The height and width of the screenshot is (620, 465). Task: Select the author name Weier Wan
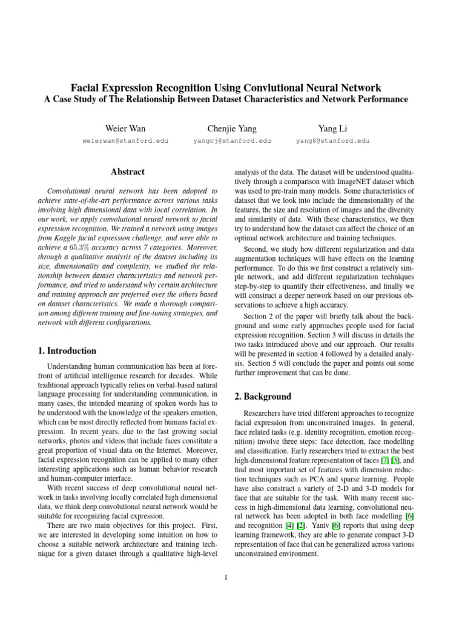click(125, 128)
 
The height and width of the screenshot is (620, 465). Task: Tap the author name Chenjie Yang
click(232, 128)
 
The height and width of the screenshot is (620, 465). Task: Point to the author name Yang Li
click(332, 128)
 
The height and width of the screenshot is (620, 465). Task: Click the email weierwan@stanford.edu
click(125, 141)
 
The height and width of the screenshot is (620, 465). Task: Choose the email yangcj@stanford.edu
click(232, 141)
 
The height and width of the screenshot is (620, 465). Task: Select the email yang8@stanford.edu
click(332, 141)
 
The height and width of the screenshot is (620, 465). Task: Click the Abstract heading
click(127, 173)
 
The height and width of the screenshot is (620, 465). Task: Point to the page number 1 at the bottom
click(225, 577)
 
